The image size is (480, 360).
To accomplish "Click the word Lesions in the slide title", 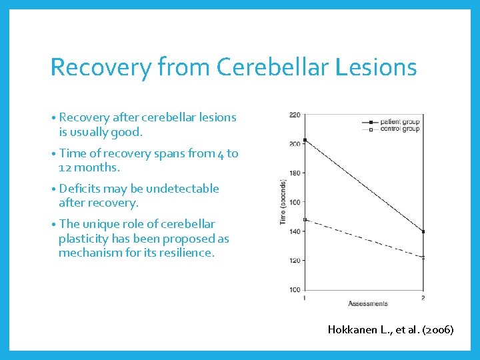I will point(383,67).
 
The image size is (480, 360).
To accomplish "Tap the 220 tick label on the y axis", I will point(295,115).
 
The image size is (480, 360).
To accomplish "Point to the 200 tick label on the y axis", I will point(295,144).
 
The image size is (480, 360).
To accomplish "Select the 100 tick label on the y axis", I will point(295,290).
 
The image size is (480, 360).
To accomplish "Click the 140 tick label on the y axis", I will point(295,231).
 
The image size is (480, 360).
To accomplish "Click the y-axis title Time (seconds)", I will point(284,202).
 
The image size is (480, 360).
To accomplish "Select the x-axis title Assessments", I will point(367,304).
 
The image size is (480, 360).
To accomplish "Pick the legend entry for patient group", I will point(399,122).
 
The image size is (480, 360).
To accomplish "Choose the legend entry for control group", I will point(399,128).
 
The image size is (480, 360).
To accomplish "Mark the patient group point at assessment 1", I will point(305,140).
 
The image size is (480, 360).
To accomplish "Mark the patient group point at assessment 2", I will point(423,231).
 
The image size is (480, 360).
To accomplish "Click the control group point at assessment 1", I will point(305,219).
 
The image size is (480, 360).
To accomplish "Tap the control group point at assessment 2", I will point(423,257).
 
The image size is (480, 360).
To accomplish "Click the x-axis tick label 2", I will point(423,297).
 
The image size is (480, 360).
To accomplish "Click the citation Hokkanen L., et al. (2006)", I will point(391,329).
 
